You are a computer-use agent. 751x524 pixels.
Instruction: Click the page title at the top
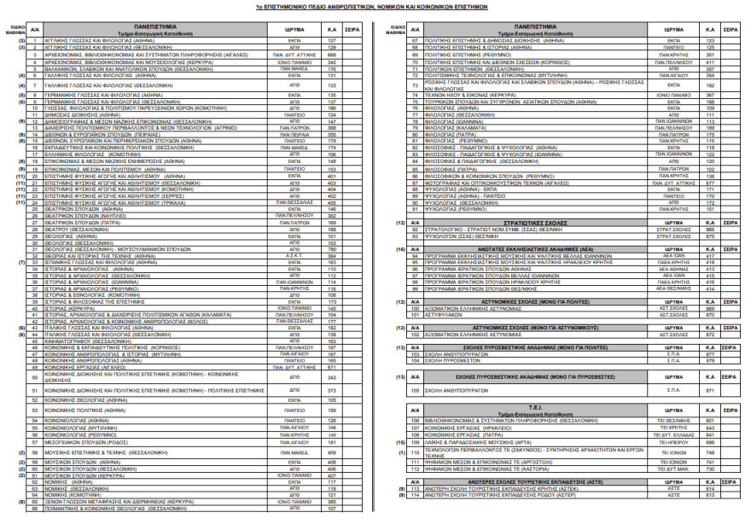[x=375, y=4]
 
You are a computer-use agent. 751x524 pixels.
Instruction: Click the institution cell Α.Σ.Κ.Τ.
[x=294, y=255]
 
